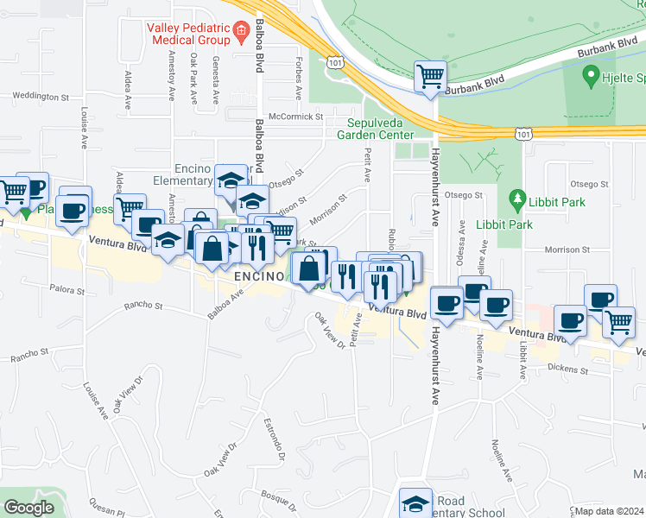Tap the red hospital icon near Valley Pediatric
tap(241, 34)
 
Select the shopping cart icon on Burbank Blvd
tap(429, 75)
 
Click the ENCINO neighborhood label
tap(259, 275)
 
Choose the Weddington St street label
tap(41, 96)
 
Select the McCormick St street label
tap(295, 116)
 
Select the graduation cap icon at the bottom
tap(415, 503)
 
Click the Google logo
tap(28, 509)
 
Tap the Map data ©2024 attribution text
tap(610, 511)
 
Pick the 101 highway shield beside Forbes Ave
tap(335, 61)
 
